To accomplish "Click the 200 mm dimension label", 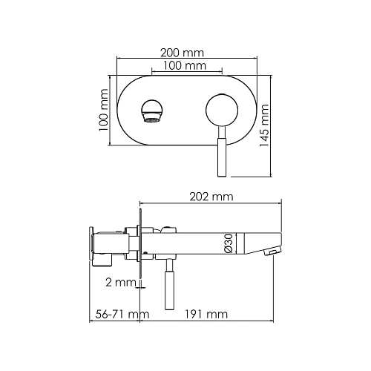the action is pyautogui.click(x=182, y=53).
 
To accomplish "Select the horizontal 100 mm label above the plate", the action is pyautogui.click(x=185, y=66).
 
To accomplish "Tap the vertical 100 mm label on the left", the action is pyautogui.click(x=103, y=111).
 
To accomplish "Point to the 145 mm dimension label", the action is pyautogui.click(x=264, y=125).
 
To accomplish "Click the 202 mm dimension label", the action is pyautogui.click(x=211, y=197).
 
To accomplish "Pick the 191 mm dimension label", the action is pyautogui.click(x=206, y=315).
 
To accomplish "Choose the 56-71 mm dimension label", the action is pyautogui.click(x=122, y=315).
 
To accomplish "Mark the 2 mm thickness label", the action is pyautogui.click(x=121, y=282).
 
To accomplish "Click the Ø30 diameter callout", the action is pyautogui.click(x=229, y=243).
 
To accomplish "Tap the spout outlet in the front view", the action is pyautogui.click(x=152, y=111).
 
